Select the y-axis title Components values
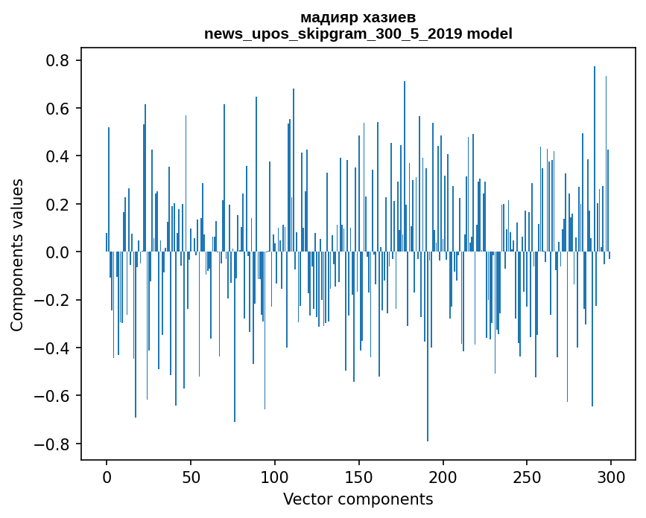(x=17, y=255)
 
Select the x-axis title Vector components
(x=358, y=499)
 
